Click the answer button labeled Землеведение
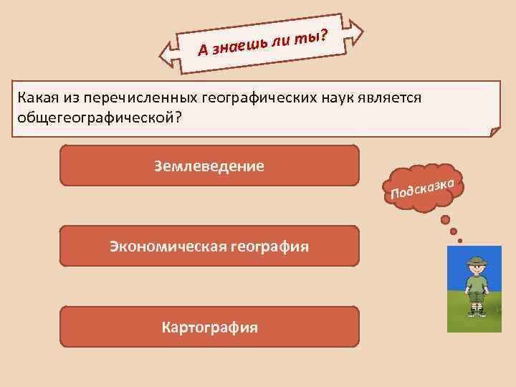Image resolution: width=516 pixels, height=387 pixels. pos(209,166)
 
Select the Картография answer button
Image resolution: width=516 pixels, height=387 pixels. pos(209,328)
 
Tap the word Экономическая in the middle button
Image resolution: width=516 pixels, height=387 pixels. pos(167,247)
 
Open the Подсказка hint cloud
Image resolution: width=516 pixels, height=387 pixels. pos(424,187)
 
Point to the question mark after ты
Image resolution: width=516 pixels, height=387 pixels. pos(324,32)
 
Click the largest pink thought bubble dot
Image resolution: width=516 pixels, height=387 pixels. pos(445,219)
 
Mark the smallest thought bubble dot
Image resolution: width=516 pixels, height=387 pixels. pos(459,241)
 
